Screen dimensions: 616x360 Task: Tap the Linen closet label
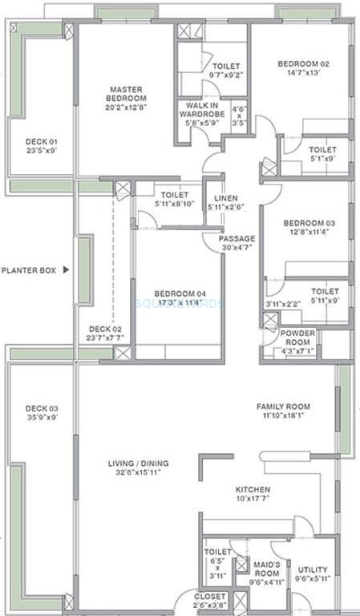point(224,198)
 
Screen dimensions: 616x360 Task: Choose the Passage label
point(237,238)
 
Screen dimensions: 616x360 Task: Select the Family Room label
point(283,407)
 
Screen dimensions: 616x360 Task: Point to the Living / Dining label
point(144,464)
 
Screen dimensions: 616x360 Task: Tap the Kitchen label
point(253,489)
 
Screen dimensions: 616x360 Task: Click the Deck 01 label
point(41,141)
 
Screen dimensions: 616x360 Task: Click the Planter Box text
point(28,271)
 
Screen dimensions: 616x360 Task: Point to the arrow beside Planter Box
point(67,271)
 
